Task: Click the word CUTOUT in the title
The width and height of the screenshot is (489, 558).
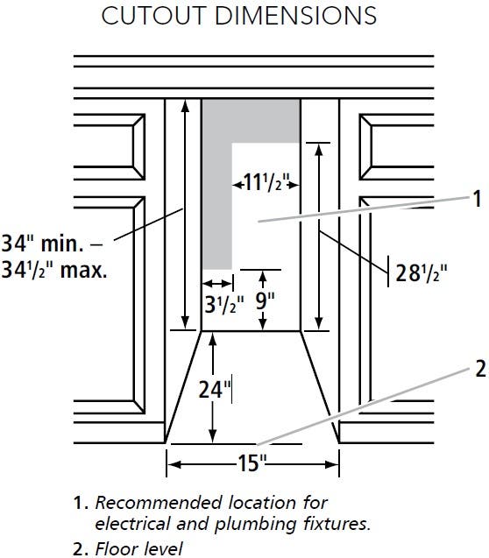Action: coord(153,16)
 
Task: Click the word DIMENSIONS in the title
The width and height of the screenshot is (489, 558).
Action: coord(295,16)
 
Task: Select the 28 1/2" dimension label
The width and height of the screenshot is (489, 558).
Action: coord(421,273)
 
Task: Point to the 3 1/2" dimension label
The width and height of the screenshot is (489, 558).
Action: coord(224,305)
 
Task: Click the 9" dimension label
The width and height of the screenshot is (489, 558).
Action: coord(266,301)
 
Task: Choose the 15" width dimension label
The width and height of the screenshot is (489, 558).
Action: coord(252,463)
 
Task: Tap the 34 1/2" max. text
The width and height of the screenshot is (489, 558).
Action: coord(54,271)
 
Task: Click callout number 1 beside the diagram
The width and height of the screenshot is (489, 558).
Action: coord(477,198)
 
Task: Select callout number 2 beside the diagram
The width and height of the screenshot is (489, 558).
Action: coord(480,369)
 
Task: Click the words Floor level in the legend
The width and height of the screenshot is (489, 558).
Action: coord(138,548)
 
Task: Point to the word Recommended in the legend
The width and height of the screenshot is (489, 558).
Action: coord(158,503)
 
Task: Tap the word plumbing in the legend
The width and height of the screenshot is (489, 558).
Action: coord(256,525)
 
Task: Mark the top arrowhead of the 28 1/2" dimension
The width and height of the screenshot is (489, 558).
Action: coord(319,150)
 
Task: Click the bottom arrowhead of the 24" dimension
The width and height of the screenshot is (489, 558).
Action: coord(212,436)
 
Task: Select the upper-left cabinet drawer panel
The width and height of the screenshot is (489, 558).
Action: coord(110,146)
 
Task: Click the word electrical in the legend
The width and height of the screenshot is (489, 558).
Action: coord(133,524)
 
